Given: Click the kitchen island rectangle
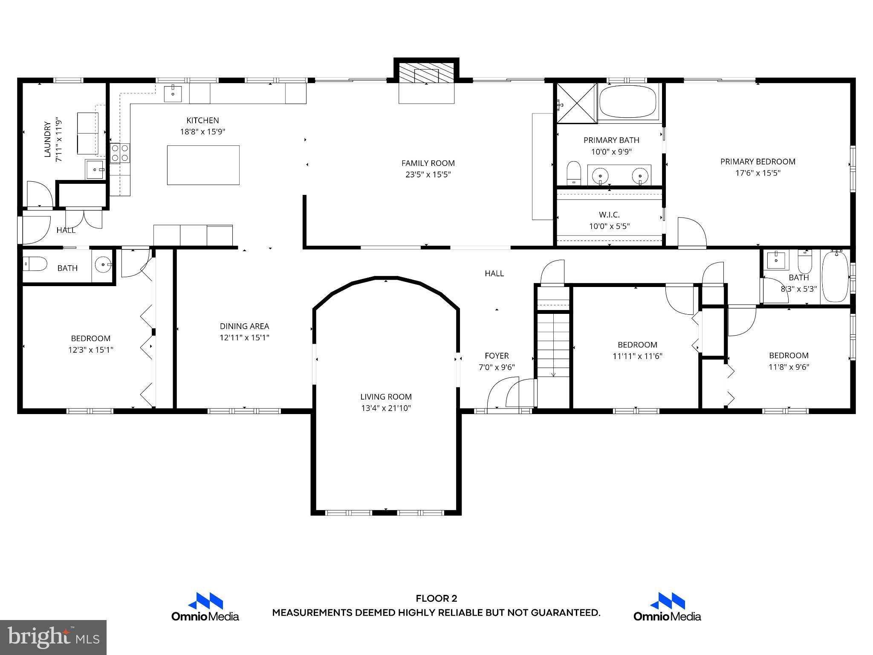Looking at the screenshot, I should click(203, 165).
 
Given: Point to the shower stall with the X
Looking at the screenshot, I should click(577, 104).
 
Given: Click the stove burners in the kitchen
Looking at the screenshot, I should click(120, 153).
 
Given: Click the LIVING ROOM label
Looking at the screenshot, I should click(386, 397).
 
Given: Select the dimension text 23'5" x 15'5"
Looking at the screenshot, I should click(428, 174).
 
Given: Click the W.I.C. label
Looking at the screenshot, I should click(609, 215).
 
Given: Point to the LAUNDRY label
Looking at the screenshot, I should click(48, 139).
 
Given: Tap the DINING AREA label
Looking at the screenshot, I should click(244, 326).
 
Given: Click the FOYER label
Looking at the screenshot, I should click(497, 356).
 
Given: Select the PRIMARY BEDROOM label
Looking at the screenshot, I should click(757, 162).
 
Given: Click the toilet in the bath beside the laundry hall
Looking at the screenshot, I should click(35, 264).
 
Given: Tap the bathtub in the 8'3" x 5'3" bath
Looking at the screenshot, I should click(835, 277).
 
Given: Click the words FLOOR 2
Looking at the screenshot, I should click(436, 599).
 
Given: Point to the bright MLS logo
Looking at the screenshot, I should click(53, 638).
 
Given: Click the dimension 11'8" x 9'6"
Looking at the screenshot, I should click(789, 367).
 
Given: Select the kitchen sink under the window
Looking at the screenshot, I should click(173, 93).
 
